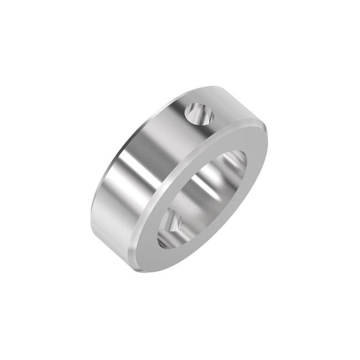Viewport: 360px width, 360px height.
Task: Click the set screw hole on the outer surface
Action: (x=199, y=114)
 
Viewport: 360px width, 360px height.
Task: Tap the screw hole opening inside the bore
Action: (x=171, y=222)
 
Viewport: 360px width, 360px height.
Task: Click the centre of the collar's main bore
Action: (x=202, y=199)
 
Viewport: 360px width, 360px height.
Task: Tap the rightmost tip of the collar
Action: (x=267, y=133)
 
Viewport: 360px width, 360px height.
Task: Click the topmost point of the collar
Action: (x=213, y=86)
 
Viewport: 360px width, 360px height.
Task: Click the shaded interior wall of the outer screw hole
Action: (x=194, y=116)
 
